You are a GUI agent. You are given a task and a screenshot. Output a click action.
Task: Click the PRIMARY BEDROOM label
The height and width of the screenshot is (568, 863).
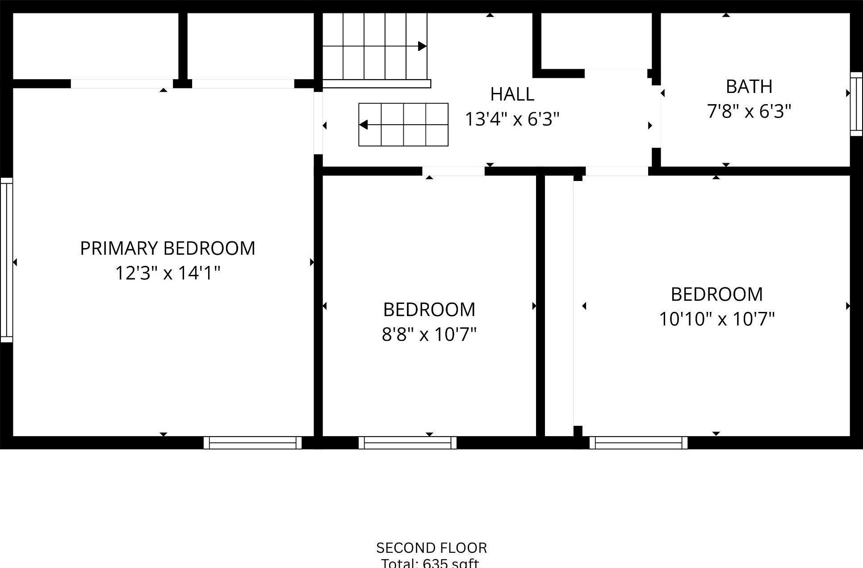coord(168,248)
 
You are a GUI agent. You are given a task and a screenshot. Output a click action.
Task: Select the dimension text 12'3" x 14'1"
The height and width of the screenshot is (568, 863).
coord(168,273)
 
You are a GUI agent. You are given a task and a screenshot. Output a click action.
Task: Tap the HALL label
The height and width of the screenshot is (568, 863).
coord(512,94)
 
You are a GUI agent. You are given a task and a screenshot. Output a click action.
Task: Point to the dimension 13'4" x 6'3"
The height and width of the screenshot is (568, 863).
coord(512,119)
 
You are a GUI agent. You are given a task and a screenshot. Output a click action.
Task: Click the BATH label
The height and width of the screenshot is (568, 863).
coord(749,87)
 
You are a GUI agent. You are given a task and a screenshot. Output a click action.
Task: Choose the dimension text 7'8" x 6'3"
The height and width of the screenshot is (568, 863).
coord(749,111)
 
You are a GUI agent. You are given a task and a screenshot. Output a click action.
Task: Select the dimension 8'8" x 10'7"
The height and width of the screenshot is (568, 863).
coord(429,334)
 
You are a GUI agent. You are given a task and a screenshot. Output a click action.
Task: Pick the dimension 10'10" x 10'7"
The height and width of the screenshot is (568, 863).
coord(716,319)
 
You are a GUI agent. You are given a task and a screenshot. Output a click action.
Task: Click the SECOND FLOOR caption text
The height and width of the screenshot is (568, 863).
coord(431,548)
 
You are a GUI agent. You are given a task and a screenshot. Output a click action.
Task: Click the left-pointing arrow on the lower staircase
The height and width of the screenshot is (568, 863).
coord(364,125)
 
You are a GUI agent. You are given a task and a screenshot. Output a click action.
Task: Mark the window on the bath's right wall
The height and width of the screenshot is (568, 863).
coord(856,104)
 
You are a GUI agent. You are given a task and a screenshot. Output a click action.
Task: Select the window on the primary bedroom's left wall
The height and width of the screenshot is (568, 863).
coord(6,260)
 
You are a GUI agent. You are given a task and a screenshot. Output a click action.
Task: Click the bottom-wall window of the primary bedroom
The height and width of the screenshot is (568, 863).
coord(253,443)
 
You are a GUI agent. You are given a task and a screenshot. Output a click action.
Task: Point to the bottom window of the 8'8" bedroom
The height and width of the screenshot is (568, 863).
coord(407,443)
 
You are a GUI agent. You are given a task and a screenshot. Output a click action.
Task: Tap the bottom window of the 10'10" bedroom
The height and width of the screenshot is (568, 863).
coord(638,443)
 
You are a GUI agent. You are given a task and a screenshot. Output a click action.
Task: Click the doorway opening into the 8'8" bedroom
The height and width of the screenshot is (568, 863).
coord(453,171)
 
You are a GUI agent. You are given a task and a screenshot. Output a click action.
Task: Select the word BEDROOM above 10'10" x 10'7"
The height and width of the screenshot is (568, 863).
coord(716,295)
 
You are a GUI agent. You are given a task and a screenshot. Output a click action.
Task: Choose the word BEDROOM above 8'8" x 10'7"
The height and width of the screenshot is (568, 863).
coord(429,310)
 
